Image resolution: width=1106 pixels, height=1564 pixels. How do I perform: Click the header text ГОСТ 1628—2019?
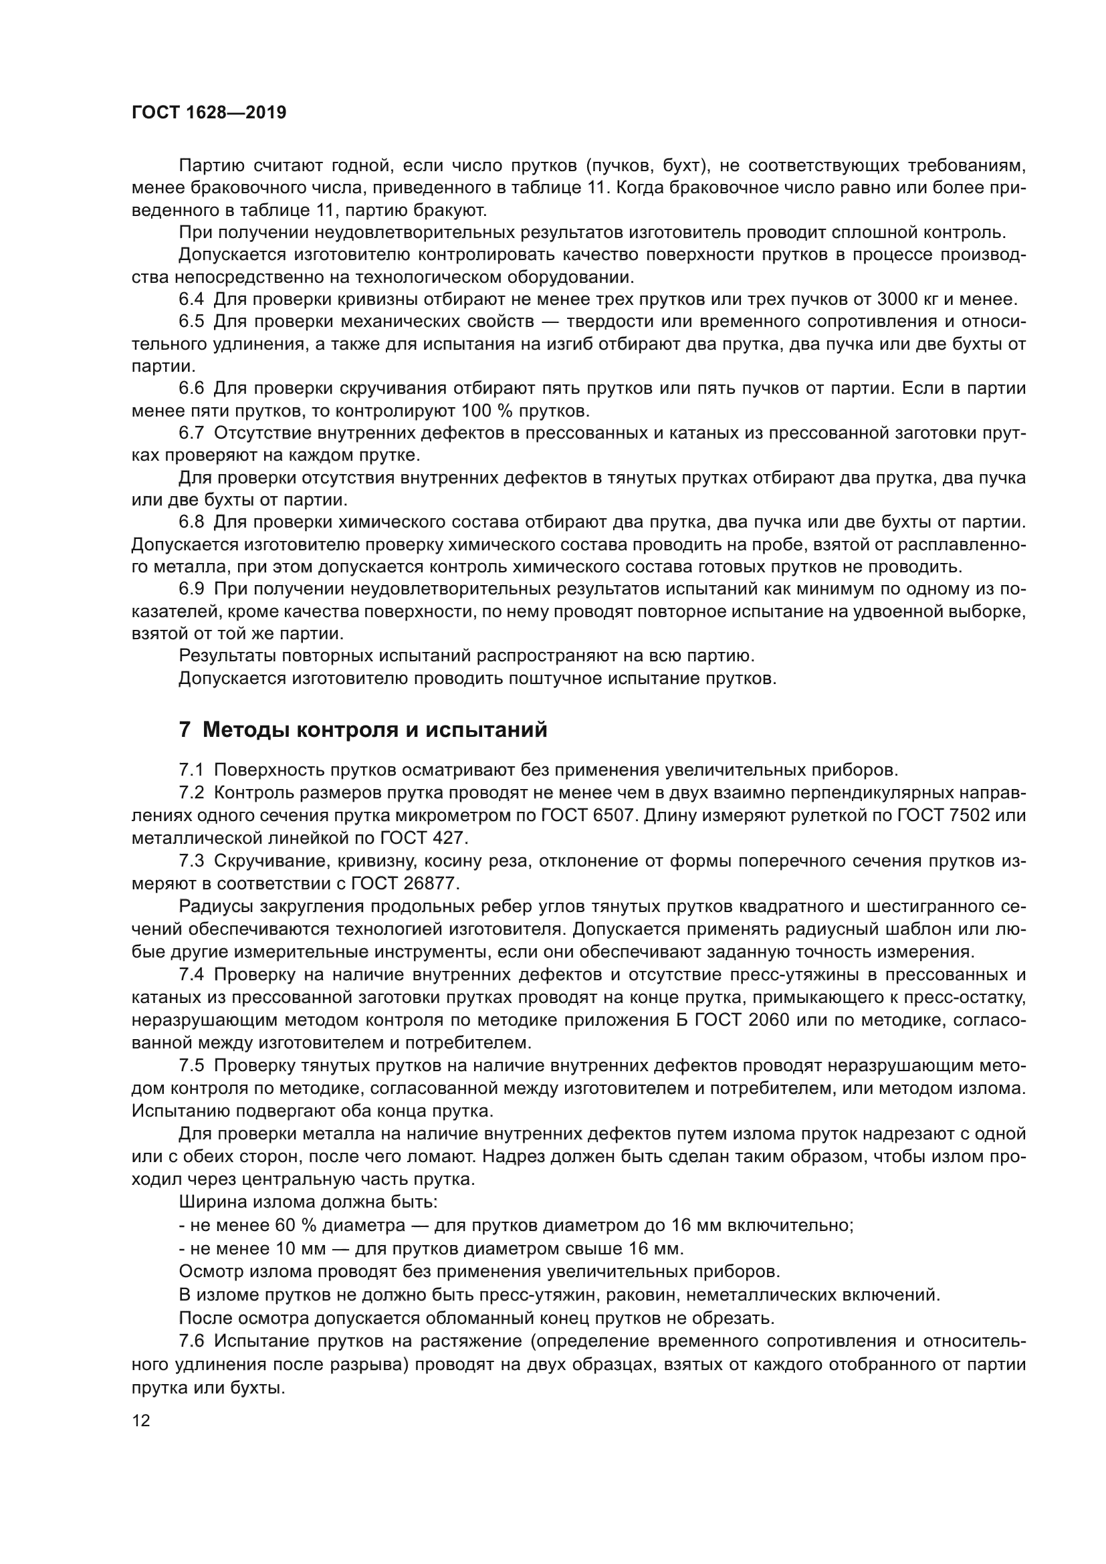tap(209, 112)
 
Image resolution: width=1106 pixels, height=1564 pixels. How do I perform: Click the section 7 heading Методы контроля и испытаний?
tap(362, 730)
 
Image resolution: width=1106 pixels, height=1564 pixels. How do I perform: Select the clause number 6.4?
tap(191, 299)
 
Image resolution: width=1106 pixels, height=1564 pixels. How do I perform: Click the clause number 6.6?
tap(191, 388)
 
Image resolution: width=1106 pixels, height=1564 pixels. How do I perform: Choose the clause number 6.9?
tap(191, 589)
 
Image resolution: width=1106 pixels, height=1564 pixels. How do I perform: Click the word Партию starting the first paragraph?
tap(212, 166)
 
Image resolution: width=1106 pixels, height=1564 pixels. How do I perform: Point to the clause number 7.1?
tap(191, 770)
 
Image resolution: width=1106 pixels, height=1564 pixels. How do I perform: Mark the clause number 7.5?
tap(191, 1065)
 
